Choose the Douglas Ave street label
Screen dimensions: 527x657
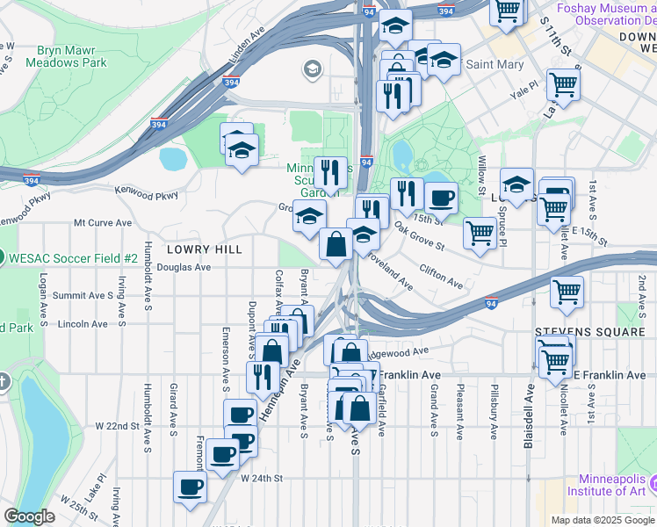point(185,267)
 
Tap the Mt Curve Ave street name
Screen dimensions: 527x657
point(103,223)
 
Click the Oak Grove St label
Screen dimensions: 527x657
point(419,235)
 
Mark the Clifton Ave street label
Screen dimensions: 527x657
point(441,277)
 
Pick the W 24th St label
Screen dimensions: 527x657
point(263,479)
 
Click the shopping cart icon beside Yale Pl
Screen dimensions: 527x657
point(563,84)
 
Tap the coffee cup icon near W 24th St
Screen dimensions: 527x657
point(190,486)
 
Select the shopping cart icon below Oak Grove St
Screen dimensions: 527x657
point(480,233)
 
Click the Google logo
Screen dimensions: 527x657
point(29,516)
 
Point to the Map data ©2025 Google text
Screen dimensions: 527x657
point(602,520)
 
